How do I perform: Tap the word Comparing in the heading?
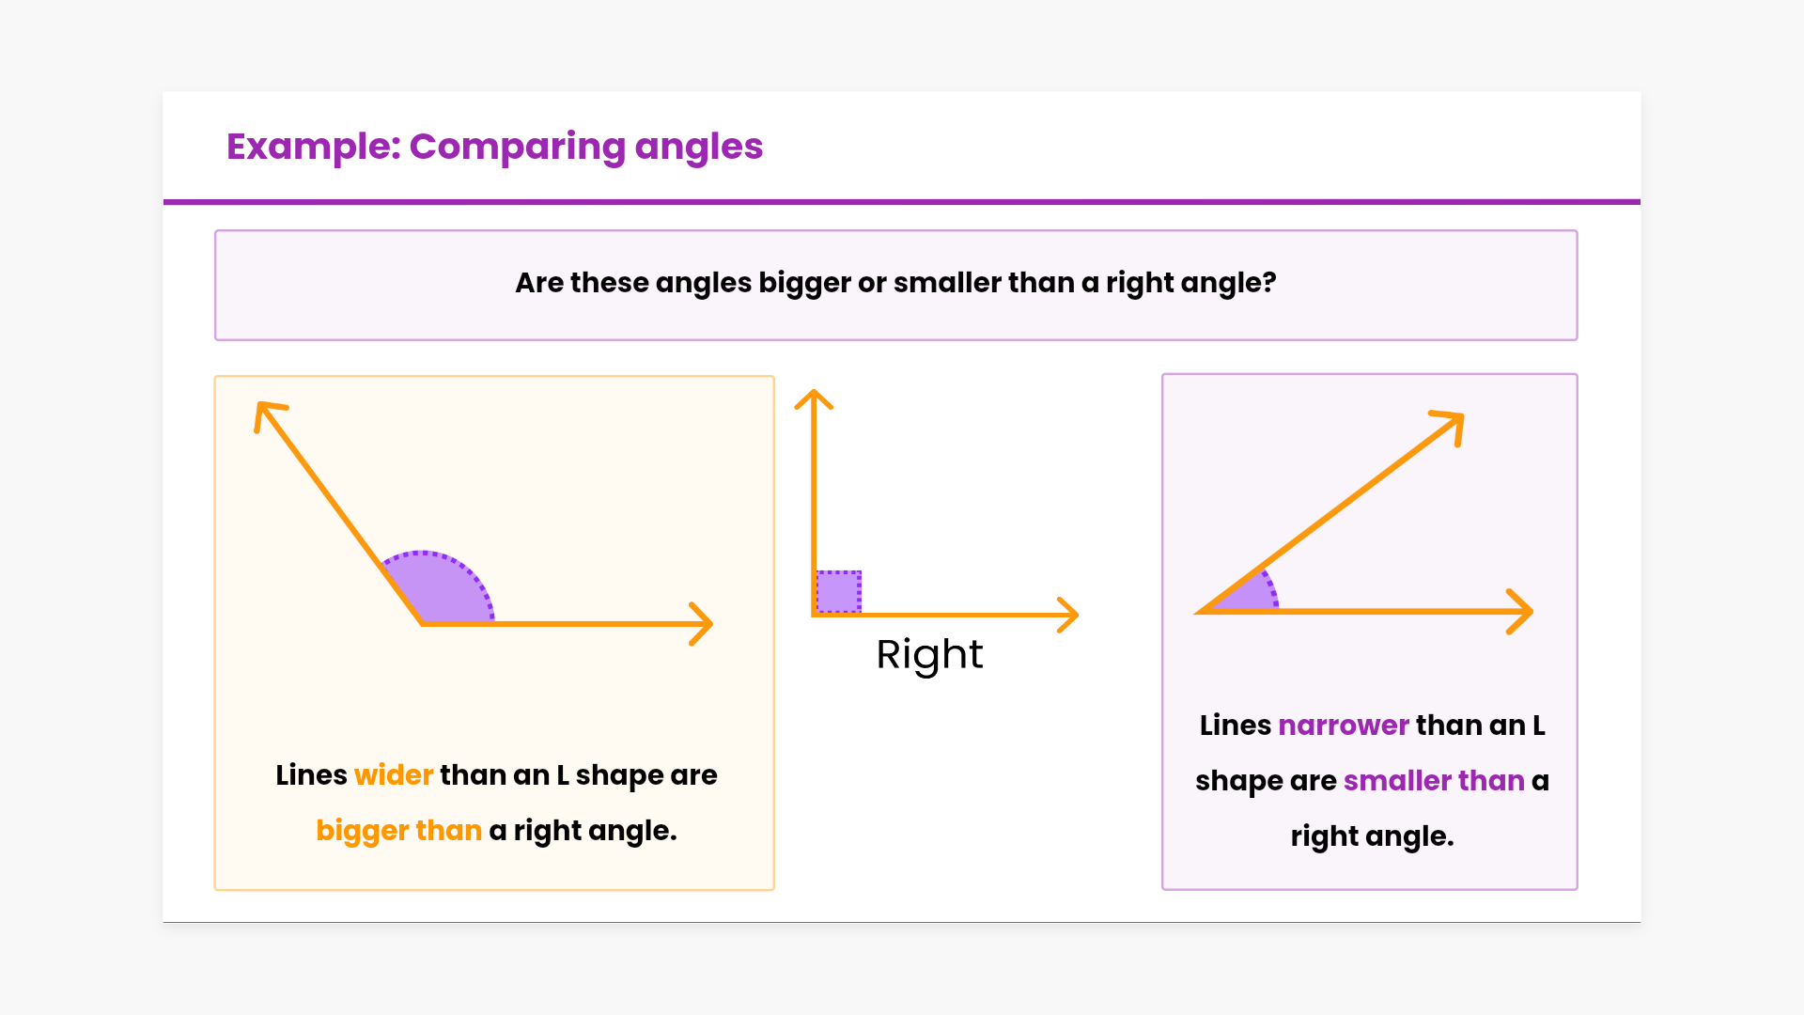517,148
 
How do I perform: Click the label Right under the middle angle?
929,655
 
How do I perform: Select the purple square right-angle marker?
838,592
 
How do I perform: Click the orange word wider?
394,775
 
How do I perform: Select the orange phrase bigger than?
398,831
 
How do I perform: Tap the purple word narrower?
1344,726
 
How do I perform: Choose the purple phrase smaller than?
1434,781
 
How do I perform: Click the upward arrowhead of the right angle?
814,399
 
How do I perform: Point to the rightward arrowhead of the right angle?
1068,615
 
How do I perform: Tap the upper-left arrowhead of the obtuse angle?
269,414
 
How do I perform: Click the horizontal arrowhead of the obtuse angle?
702,624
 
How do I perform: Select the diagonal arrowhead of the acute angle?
1449,426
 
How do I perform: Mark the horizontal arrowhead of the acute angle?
1521,612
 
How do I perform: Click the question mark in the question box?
1269,283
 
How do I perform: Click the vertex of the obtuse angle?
422,623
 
